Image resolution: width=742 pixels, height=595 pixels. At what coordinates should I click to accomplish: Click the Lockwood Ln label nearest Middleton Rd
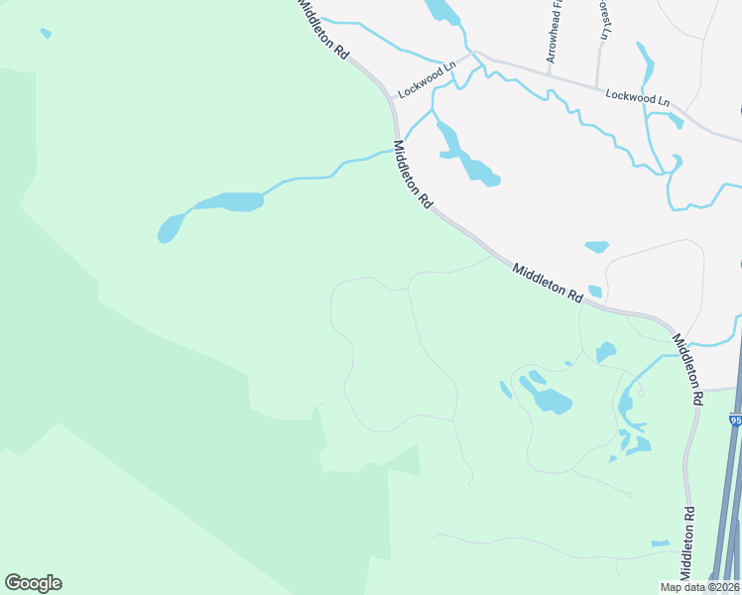tap(427, 79)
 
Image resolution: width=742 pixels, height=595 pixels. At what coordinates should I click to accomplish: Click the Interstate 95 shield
tap(735, 420)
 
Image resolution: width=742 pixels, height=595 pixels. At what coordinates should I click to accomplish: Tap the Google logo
tap(33, 583)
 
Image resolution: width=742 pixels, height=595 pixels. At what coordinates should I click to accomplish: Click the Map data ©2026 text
tap(699, 587)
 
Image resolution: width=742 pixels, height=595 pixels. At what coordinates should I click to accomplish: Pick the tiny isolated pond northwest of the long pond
tap(46, 34)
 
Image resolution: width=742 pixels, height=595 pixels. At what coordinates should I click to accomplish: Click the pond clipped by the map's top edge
tap(442, 11)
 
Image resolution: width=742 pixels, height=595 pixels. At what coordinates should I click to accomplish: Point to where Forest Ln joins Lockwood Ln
tap(598, 87)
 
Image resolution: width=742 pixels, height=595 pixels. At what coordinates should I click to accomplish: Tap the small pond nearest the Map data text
tap(660, 543)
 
